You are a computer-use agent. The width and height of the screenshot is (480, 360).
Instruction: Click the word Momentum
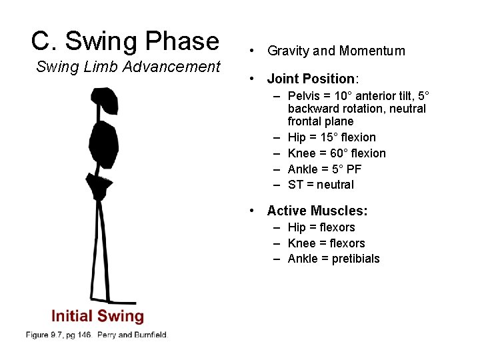tap(372, 51)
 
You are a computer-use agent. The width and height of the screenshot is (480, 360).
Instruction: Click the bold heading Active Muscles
tap(317, 211)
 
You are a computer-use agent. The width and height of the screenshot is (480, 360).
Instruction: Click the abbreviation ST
tap(295, 185)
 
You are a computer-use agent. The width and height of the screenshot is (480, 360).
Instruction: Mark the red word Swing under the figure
tap(121, 316)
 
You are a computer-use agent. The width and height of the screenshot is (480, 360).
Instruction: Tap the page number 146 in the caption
tap(83, 334)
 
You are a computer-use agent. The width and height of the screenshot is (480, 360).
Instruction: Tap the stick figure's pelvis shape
tap(99, 186)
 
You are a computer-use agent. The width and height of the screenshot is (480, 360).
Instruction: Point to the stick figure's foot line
tap(113, 301)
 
